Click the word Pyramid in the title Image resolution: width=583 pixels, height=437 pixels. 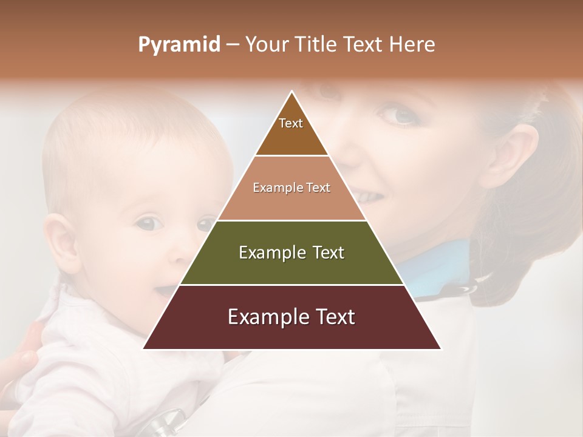[179, 45]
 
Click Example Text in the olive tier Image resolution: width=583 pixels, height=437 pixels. [291, 252]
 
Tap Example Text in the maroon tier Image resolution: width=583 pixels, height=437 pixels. [291, 317]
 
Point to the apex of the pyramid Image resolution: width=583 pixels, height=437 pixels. [291, 93]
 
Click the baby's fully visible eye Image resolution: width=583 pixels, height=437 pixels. [148, 223]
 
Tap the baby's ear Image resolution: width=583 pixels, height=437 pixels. [61, 243]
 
